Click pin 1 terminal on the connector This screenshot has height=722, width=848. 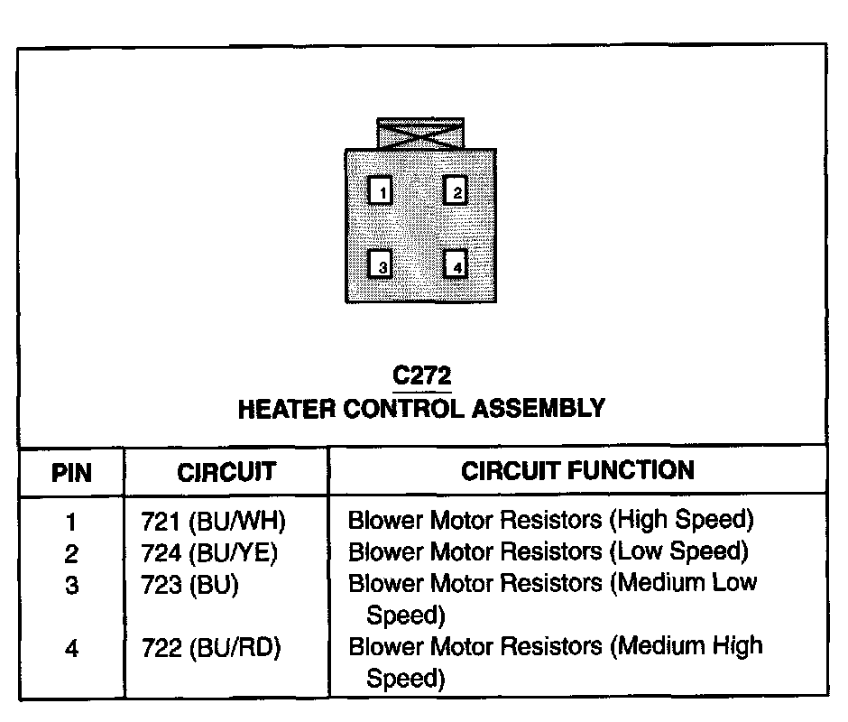[383, 191]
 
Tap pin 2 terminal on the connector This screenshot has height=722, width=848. [456, 191]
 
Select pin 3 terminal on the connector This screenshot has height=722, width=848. [383, 265]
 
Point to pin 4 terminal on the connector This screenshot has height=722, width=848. [456, 265]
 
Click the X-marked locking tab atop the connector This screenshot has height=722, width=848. [420, 134]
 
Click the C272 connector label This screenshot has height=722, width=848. [421, 375]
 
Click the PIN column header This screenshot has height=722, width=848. [71, 472]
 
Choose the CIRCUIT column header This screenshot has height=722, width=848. [226, 472]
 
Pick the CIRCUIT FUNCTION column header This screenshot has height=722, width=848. [577, 470]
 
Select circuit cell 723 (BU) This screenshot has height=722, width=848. [189, 584]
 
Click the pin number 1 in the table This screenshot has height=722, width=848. [71, 522]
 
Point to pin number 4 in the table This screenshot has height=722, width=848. [71, 648]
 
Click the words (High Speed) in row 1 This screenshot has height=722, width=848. [681, 521]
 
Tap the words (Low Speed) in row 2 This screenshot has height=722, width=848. [679, 551]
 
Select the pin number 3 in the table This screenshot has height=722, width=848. [71, 585]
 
